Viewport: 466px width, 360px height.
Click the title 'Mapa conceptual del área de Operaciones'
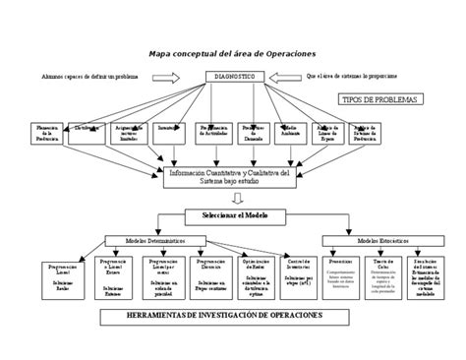click(x=233, y=54)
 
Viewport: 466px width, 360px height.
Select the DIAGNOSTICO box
click(x=232, y=77)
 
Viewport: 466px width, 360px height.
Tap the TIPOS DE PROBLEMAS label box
click(x=379, y=100)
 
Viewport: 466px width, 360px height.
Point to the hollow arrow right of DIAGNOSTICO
click(x=285, y=77)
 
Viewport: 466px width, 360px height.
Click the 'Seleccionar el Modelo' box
click(x=232, y=215)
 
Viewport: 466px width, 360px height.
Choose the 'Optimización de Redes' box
click(x=250, y=276)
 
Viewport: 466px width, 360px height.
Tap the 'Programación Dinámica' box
click(x=208, y=274)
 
